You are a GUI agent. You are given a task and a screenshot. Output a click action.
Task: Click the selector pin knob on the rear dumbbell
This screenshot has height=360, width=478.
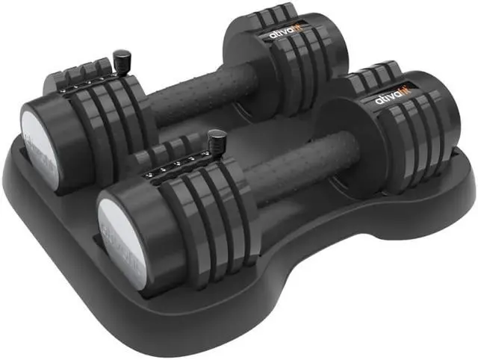pos(119,58)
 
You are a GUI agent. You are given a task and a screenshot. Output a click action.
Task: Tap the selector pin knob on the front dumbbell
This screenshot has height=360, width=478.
pos(217,139)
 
